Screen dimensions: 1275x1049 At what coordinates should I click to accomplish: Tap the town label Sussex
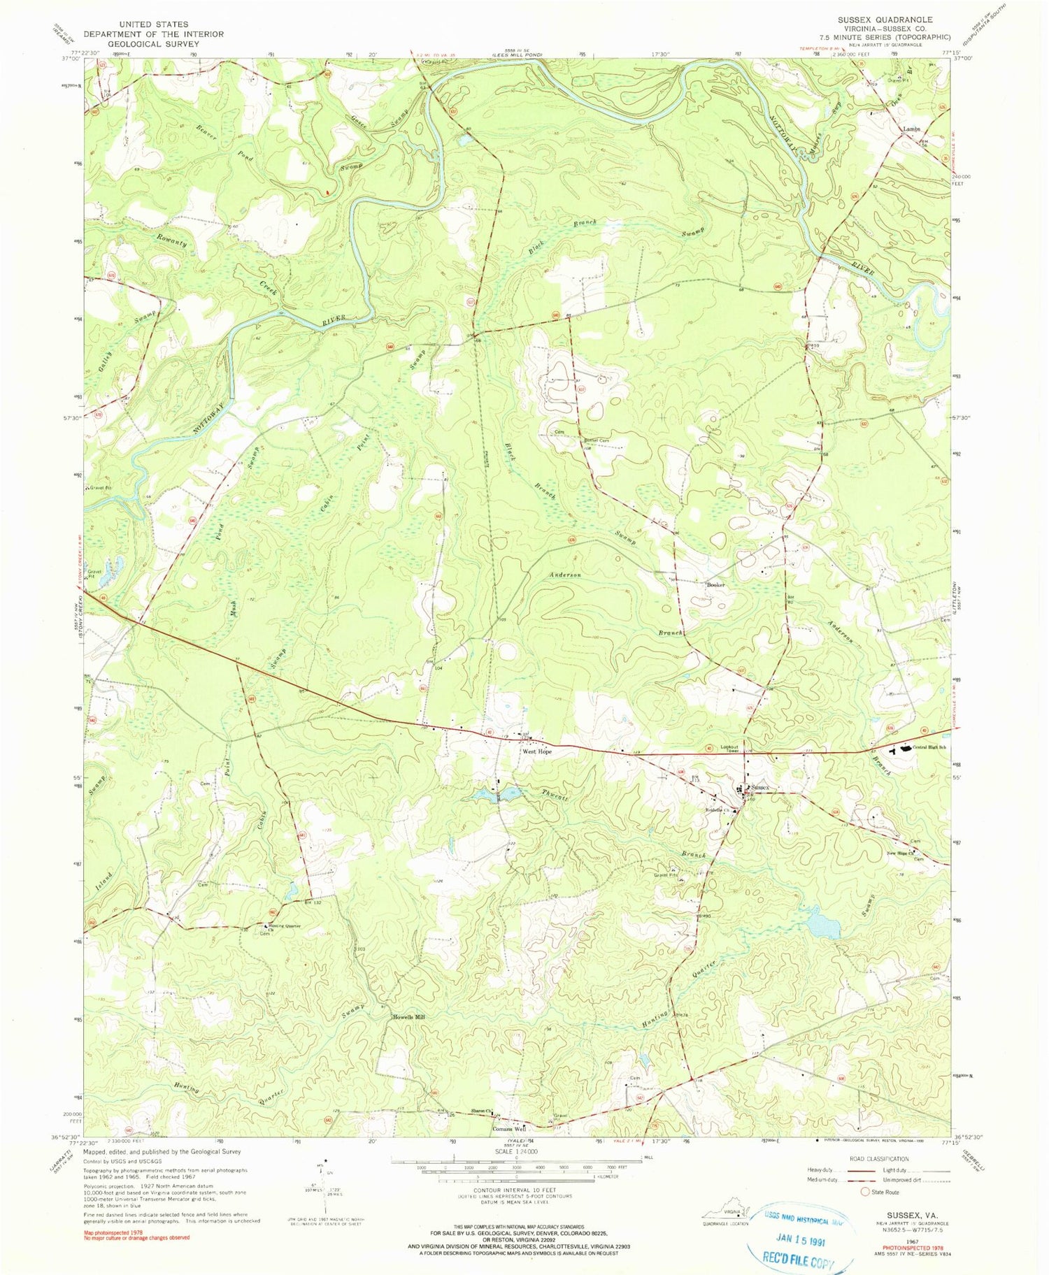pyautogui.click(x=759, y=788)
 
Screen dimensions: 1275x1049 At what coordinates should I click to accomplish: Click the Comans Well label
pyautogui.click(x=508, y=1129)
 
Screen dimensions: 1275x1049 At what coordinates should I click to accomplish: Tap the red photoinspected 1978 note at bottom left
pyautogui.click(x=136, y=1234)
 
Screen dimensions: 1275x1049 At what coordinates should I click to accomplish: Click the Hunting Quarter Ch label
pyautogui.click(x=285, y=928)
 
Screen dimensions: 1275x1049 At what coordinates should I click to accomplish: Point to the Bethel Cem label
pyautogui.click(x=596, y=440)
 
